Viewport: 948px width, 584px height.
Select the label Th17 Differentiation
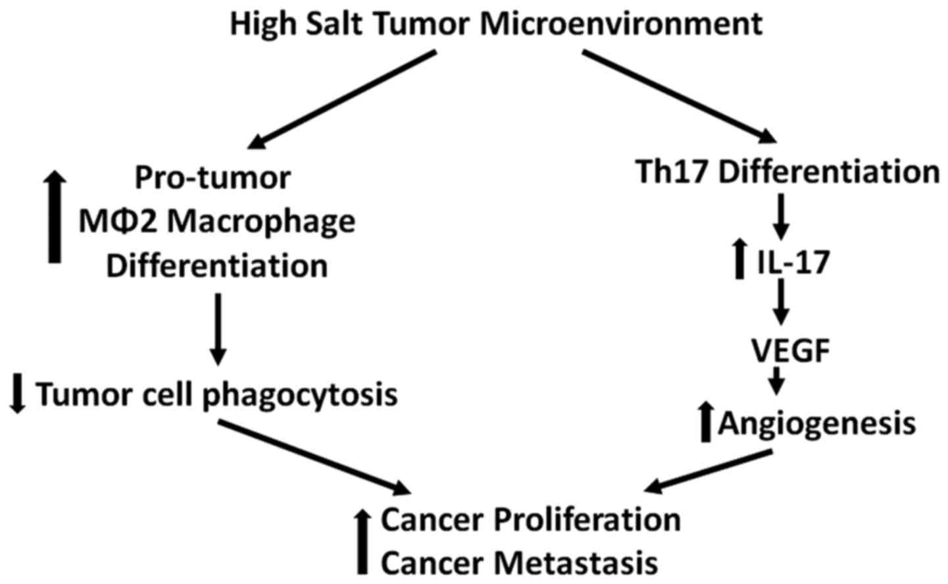click(787, 173)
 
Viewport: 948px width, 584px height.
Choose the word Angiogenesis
click(816, 423)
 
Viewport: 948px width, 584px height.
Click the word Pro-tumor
click(212, 178)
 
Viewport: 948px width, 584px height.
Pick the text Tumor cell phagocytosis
click(216, 394)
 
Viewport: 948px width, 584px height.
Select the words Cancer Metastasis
click(519, 563)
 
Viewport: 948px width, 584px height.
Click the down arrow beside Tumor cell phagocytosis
click(18, 394)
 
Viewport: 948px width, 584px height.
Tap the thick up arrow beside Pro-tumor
click(55, 214)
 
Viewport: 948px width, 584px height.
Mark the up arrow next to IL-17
click(739, 259)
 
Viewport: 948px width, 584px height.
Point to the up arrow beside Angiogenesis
click(706, 422)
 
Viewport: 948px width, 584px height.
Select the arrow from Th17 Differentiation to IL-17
click(780, 216)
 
